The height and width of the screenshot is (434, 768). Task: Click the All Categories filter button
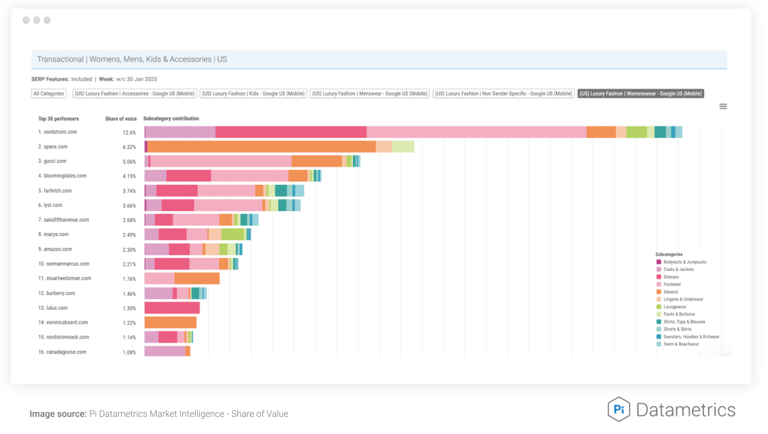49,94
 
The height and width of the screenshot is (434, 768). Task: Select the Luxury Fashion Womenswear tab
641,94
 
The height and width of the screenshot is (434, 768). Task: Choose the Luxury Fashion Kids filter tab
253,94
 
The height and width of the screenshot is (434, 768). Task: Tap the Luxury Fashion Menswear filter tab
370,94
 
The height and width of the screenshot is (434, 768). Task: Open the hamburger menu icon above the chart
723,107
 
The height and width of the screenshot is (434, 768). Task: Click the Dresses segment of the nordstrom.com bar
291,132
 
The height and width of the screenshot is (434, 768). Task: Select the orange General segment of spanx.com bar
262,146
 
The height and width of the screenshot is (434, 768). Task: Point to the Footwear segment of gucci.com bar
221,161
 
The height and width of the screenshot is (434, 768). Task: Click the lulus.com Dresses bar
172,308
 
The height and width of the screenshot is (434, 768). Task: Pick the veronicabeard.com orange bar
170,322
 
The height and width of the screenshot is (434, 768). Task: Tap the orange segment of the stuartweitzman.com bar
197,278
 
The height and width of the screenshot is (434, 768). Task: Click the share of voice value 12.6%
129,132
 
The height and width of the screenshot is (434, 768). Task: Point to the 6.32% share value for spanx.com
129,147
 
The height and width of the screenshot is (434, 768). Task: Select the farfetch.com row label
55,191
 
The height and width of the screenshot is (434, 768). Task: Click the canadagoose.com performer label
62,352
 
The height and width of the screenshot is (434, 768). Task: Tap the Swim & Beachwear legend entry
678,344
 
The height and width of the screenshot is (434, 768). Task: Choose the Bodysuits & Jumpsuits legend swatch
659,262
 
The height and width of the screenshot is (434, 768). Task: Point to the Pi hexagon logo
619,409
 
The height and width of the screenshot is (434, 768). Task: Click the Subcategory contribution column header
171,119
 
